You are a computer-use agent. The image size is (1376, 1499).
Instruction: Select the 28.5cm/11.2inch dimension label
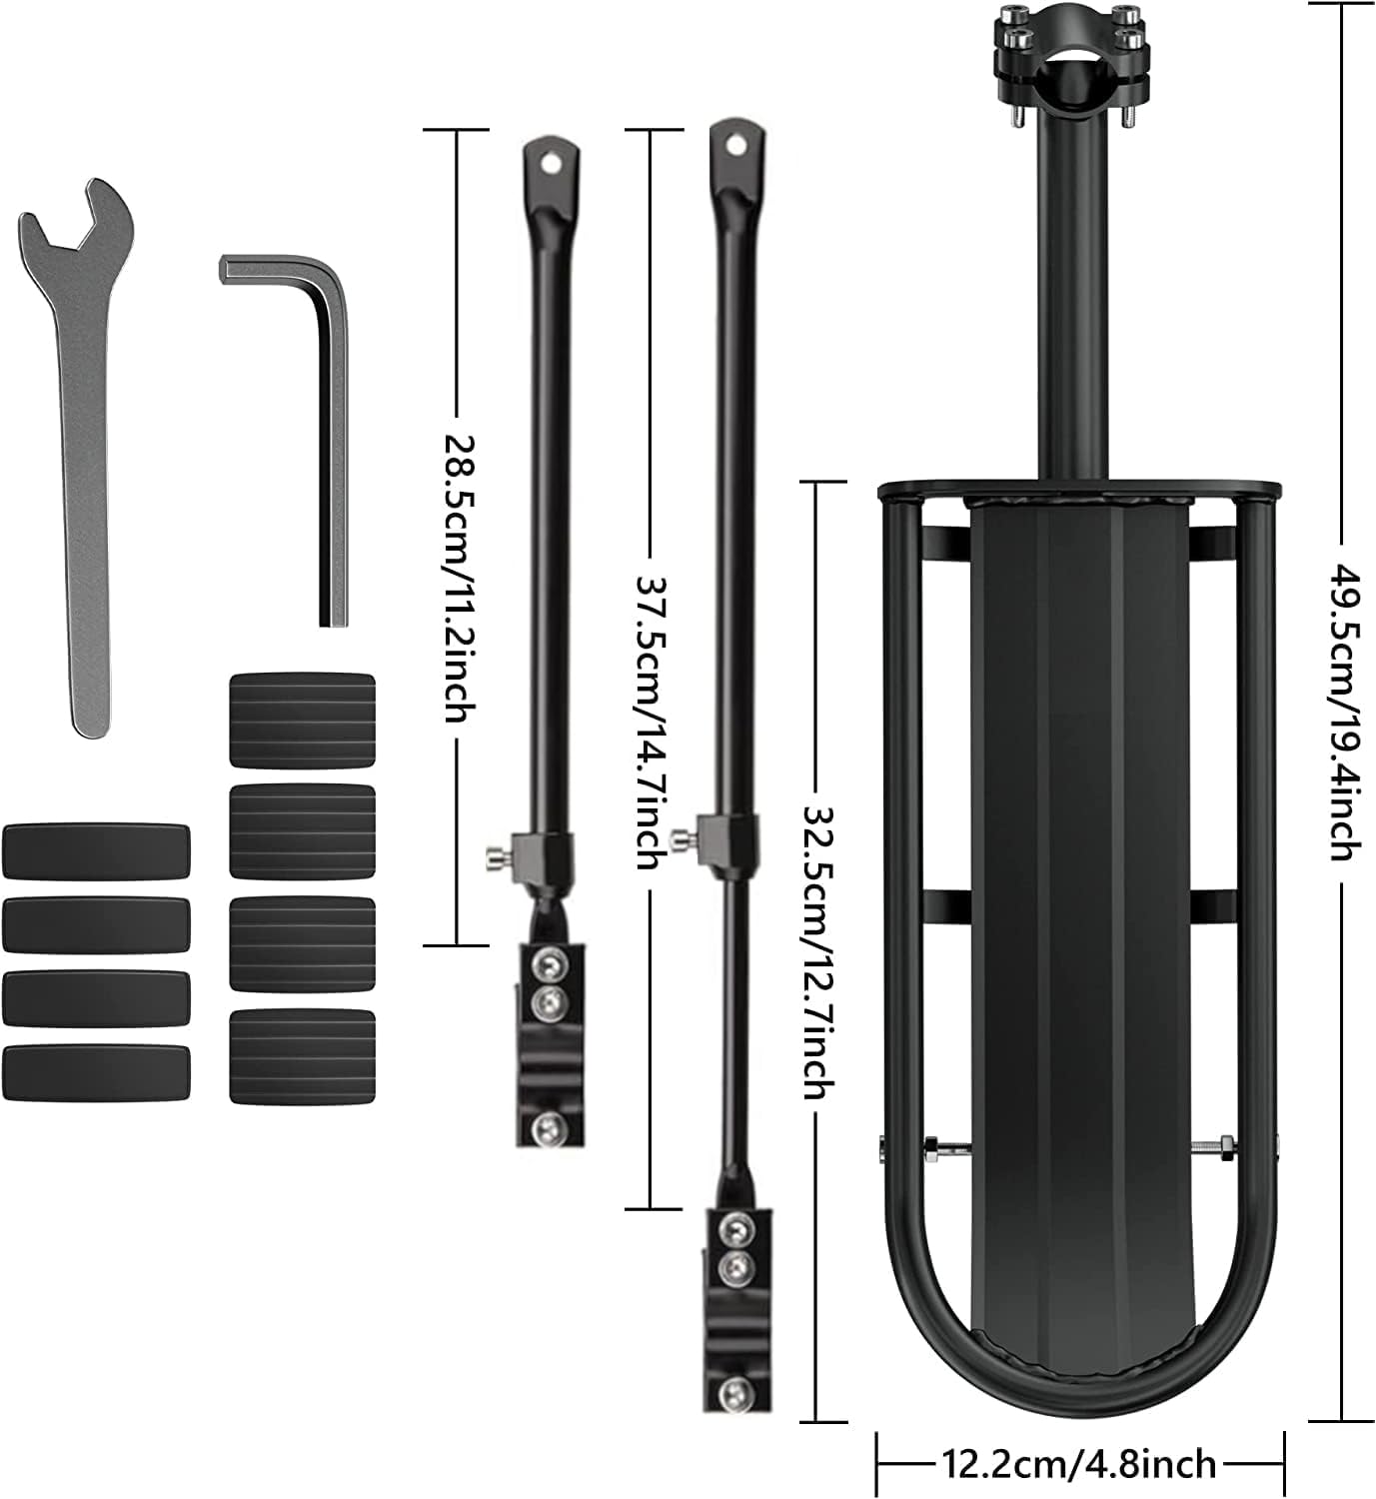(458, 579)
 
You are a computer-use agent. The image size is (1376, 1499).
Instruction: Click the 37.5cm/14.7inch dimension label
(651, 720)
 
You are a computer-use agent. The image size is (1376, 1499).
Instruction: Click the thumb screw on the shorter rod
(494, 854)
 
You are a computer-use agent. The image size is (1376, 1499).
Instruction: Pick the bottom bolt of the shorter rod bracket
(545, 1128)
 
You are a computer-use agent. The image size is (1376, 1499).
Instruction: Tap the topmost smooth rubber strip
(97, 849)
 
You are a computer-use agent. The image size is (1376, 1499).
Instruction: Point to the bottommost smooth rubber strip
(97, 1070)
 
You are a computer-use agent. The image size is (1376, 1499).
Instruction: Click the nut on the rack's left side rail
(928, 1144)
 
